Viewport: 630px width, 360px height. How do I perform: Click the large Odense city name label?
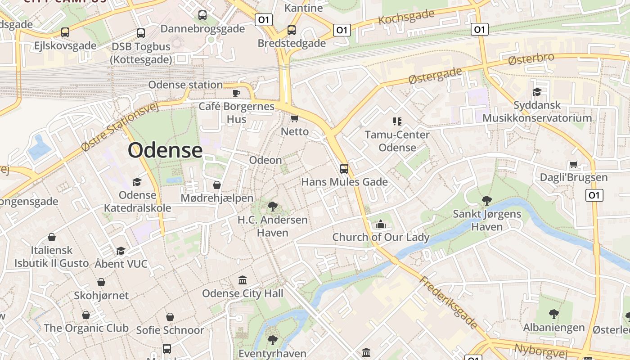165,150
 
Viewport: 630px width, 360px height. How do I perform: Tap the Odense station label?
185,85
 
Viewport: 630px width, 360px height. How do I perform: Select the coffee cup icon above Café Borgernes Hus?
236,93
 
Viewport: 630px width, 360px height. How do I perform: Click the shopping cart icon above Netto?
294,118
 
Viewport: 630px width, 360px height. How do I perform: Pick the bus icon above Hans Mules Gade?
344,169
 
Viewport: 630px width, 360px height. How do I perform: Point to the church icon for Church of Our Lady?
381,224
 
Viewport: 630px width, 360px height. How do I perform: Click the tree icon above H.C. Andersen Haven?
272,207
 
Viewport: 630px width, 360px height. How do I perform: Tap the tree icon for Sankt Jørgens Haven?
486,201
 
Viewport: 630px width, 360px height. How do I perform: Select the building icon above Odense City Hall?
243,280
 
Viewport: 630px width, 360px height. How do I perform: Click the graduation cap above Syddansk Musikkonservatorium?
537,92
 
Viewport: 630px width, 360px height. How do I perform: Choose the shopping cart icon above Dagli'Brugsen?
573,164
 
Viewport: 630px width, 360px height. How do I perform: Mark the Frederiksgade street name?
448,302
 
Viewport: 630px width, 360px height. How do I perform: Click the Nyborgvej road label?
538,349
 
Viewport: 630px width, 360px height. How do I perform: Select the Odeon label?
265,160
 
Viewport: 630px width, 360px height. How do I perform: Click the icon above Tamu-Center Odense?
397,121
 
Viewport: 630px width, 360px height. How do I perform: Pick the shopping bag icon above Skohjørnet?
101,282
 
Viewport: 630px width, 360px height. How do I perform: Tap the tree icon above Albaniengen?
554,314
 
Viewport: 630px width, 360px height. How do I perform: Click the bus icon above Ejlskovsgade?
65,32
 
